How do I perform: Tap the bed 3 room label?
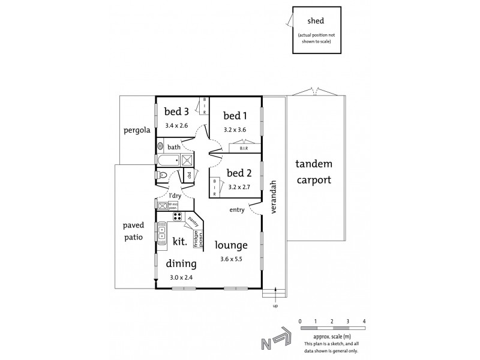pos(176,111)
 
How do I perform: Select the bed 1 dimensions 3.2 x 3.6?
pos(235,130)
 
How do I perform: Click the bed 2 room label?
pos(239,174)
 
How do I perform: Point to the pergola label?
pos(136,130)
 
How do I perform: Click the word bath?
pos(174,147)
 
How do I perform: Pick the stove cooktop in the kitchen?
pos(178,217)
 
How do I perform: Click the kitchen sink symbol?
pos(162,231)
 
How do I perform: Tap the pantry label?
pos(193,221)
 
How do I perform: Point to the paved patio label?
pos(133,230)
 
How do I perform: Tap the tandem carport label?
pos(313,171)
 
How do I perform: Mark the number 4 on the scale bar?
pos(364,322)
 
